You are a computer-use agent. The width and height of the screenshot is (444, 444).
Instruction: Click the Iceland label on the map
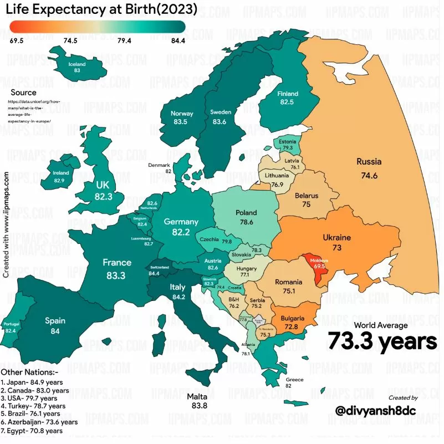[x=77, y=64]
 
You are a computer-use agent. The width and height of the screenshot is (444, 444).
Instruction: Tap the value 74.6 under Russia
[x=369, y=176]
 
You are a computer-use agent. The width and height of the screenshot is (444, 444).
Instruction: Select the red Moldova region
[x=319, y=267]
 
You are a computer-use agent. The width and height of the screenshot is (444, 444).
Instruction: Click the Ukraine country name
[x=336, y=238]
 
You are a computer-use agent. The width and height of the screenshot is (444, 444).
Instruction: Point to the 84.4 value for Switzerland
[x=154, y=273]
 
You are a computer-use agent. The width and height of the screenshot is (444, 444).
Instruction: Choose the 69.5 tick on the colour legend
[x=17, y=41]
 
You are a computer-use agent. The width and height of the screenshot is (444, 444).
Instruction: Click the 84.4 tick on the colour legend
[x=178, y=41]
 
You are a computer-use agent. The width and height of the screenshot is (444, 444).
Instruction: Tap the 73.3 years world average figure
[x=382, y=340]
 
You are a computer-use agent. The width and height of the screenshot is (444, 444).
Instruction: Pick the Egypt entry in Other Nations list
[x=32, y=430]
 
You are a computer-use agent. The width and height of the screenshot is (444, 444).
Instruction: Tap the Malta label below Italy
[x=197, y=396]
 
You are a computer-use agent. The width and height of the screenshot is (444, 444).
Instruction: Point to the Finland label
[x=287, y=94]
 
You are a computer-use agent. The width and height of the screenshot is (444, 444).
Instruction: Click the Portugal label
[x=11, y=324]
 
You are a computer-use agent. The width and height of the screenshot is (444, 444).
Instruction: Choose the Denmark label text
[x=159, y=165]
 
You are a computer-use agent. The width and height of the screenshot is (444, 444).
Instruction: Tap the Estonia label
[x=287, y=141]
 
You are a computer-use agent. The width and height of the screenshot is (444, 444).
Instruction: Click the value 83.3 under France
[x=117, y=274]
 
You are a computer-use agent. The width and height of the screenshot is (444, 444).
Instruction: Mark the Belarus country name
[x=306, y=196]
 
